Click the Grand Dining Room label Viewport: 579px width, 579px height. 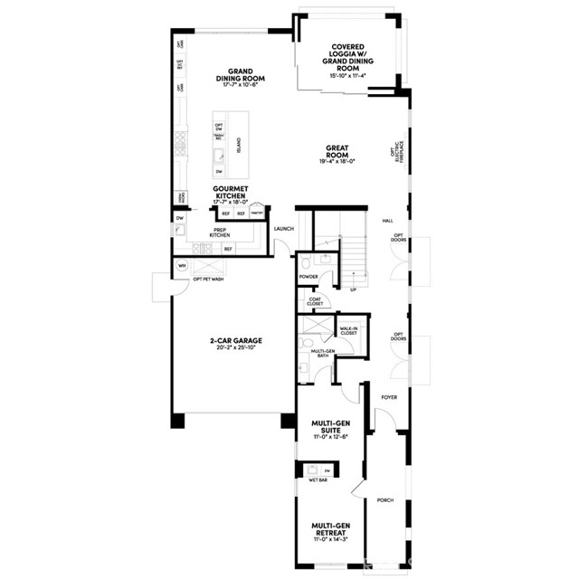[239, 75]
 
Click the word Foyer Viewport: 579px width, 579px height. [389, 397]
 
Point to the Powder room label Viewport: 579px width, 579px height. [309, 277]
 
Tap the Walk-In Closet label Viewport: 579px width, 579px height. [348, 332]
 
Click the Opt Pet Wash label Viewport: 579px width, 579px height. [208, 280]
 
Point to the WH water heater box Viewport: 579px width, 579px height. [182, 266]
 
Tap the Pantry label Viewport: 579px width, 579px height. [257, 214]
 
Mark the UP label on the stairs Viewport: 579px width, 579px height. [353, 290]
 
